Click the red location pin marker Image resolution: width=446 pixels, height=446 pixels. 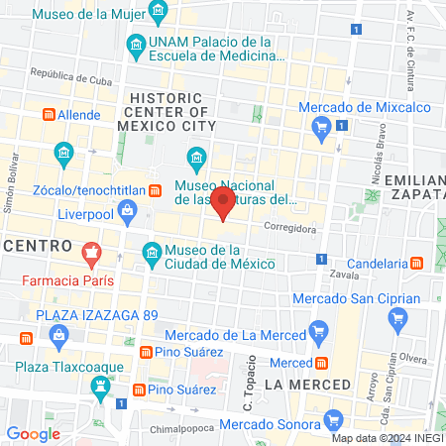(x=224, y=205)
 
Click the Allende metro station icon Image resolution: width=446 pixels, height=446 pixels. (x=24, y=115)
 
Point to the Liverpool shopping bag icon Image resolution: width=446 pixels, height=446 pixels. (x=128, y=210)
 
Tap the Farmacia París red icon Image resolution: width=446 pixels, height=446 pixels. (x=92, y=255)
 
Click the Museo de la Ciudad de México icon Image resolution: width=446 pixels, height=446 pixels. (x=152, y=256)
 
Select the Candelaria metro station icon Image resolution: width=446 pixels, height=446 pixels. (x=418, y=264)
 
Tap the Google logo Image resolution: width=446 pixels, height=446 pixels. (x=33, y=433)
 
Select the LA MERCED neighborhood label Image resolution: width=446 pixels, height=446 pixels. (x=308, y=383)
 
